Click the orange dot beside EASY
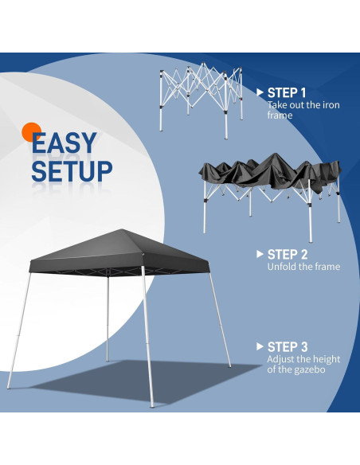[31, 131]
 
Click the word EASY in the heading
[65, 143]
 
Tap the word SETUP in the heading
[72, 171]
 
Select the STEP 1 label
[285, 92]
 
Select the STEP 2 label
[285, 254]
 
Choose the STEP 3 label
[285, 346]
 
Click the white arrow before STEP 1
[260, 92]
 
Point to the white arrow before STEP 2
[260, 254]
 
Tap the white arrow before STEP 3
[260, 346]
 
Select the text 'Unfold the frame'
[303, 267]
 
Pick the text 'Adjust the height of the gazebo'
[303, 365]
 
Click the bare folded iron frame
[199, 92]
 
